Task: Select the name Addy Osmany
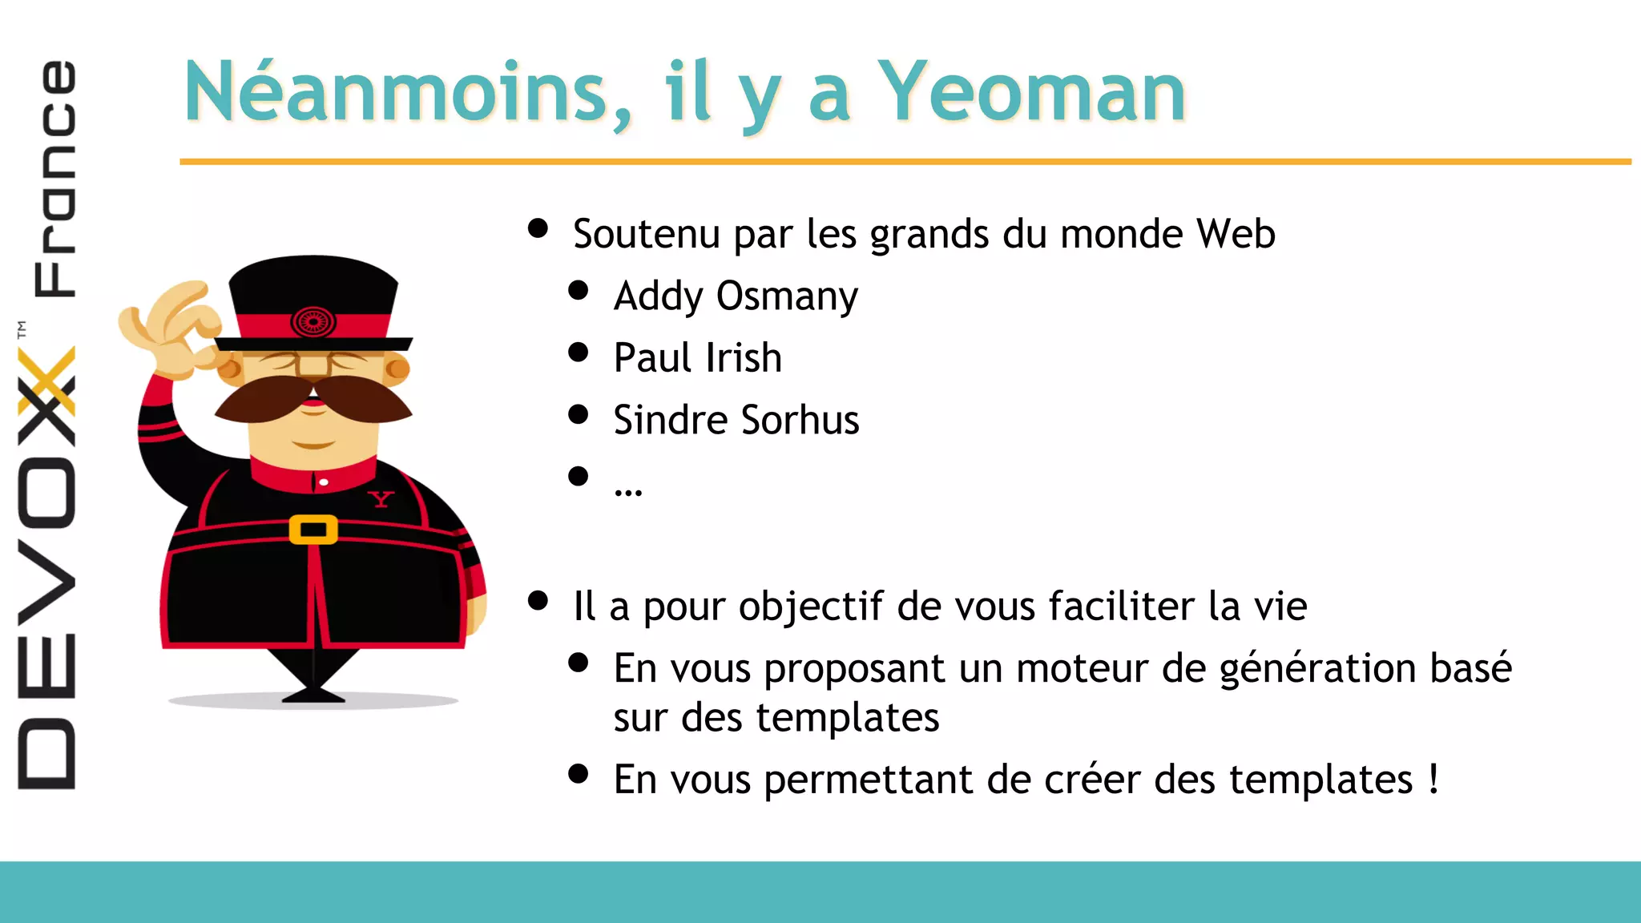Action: click(x=736, y=296)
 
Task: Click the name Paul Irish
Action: click(x=697, y=358)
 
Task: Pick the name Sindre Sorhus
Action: click(x=736, y=420)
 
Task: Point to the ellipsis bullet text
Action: click(x=628, y=489)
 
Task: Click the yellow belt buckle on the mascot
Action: click(x=313, y=530)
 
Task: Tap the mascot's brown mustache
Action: click(x=313, y=398)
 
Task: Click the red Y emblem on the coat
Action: click(x=381, y=499)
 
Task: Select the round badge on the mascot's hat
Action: click(x=313, y=322)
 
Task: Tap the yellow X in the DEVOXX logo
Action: click(x=46, y=383)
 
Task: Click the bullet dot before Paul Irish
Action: click(x=578, y=353)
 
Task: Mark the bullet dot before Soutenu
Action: click(x=538, y=229)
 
